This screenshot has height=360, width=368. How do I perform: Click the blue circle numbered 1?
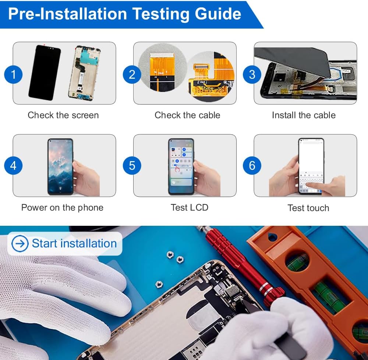pos(13,75)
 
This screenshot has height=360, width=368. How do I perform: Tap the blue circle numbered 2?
pos(132,75)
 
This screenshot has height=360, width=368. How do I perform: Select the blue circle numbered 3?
pos(252,75)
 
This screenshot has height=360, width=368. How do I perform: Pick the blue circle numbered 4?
pos(13,165)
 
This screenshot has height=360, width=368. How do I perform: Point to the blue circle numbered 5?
pos(132,165)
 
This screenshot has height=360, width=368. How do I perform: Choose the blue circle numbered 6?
pos(252,165)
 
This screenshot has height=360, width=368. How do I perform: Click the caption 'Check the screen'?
pos(63,115)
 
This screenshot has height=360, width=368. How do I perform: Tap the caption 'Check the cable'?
pos(187,115)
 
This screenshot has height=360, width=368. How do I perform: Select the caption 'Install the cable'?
pos(304,115)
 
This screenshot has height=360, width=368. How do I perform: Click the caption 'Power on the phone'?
pos(62,207)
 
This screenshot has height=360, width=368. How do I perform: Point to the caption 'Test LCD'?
pos(190,207)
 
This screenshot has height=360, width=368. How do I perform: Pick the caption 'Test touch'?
pos(308,208)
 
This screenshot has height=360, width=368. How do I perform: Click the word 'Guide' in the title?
pos(218,14)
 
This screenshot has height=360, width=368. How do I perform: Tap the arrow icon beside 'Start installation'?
pos(20,244)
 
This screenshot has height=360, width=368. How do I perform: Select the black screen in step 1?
pos(45,73)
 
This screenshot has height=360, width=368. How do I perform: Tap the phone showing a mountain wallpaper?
pos(61,167)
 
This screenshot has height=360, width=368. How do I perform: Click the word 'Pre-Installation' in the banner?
pos(68,14)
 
